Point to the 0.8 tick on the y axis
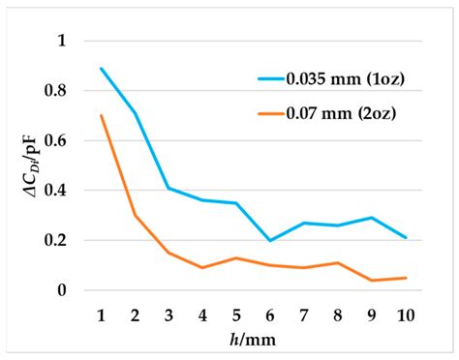click(62, 91)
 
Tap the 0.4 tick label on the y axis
click(62, 191)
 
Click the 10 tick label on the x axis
click(406, 315)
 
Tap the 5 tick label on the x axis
click(236, 315)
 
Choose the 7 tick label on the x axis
click(304, 315)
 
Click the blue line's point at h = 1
click(101, 69)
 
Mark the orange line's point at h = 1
click(101, 115)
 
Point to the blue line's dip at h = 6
click(270, 240)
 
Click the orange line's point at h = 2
click(135, 215)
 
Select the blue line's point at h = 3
click(168, 188)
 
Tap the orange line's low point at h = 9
click(372, 280)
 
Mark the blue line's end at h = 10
click(406, 237)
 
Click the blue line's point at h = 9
click(372, 218)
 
